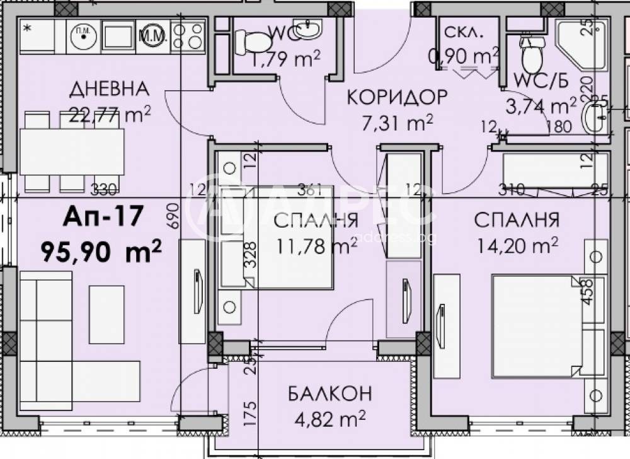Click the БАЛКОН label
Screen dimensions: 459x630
[329, 393]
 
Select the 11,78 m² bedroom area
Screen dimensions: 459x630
[317, 244]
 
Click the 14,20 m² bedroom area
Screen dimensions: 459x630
[517, 244]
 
